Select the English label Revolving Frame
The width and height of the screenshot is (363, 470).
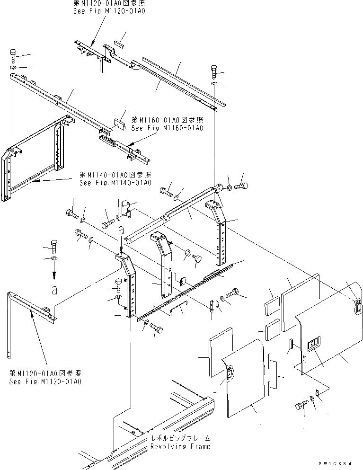[x=180, y=446]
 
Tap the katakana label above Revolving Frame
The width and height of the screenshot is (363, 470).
[x=180, y=439]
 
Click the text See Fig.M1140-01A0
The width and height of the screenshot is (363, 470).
[x=115, y=183]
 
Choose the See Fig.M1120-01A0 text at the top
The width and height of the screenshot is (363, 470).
[x=109, y=10]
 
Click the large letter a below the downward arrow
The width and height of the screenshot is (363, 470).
[x=54, y=290]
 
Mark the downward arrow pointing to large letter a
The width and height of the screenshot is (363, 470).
[x=53, y=271]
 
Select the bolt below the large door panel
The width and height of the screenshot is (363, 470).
[x=302, y=405]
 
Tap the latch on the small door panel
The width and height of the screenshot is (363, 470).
[x=230, y=373]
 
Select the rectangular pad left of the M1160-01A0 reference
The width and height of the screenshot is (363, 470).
[x=118, y=124]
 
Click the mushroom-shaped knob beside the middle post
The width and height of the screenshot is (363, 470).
[x=198, y=259]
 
